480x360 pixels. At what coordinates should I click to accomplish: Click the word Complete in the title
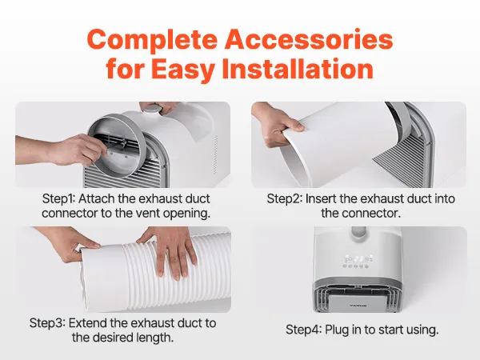coord(153,40)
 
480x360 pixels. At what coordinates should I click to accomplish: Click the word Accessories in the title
coord(309,39)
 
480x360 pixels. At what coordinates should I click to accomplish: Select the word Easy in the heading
coord(182,70)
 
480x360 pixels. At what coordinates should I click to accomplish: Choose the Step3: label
coord(47,323)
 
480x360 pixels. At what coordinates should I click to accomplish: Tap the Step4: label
coord(304,330)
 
